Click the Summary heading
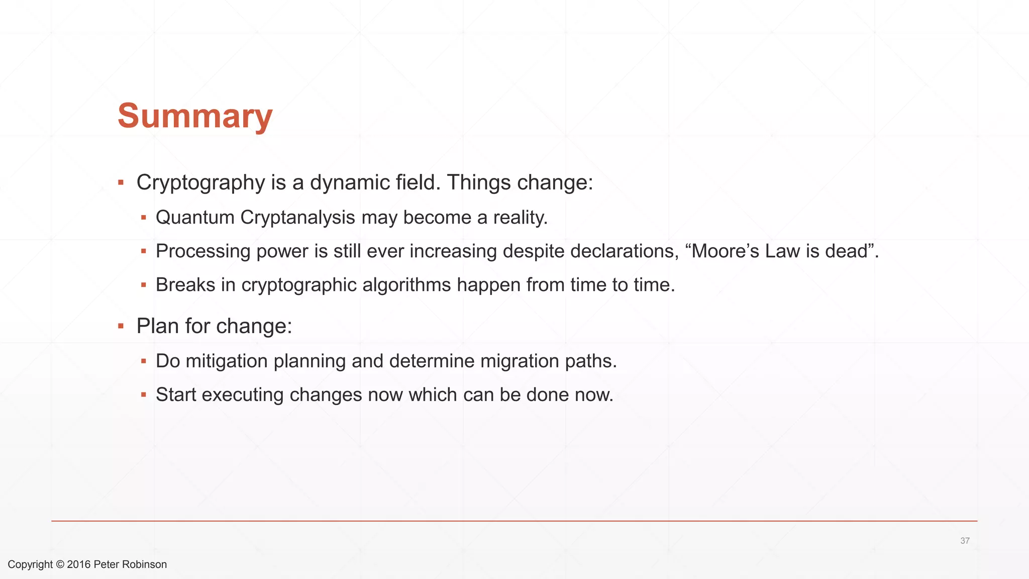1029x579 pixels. [195, 116]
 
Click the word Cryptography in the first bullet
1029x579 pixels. [200, 182]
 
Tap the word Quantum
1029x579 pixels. [195, 218]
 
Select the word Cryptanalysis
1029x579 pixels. [297, 218]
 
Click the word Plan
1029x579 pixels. [158, 326]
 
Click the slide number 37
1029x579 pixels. [965, 541]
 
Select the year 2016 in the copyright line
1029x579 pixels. [78, 564]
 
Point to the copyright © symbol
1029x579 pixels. [60, 564]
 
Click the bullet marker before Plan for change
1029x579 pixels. [121, 326]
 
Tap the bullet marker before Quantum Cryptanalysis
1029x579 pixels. [144, 218]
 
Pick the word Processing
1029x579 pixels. [203, 251]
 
